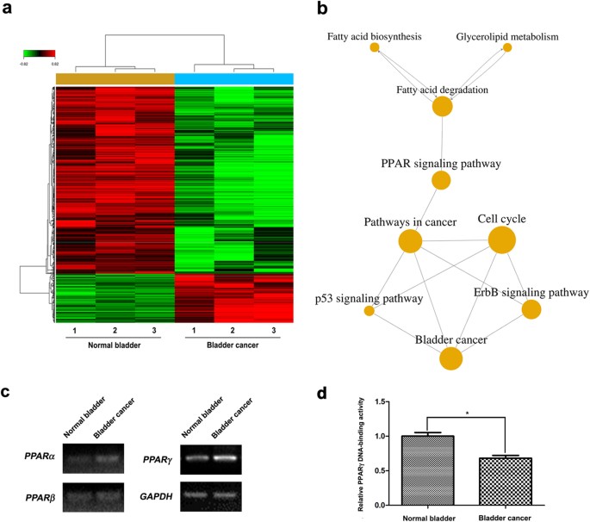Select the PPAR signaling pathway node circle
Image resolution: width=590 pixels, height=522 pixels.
click(441, 180)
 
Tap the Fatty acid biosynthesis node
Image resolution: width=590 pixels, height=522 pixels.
click(375, 47)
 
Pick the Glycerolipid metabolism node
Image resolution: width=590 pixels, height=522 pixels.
click(507, 47)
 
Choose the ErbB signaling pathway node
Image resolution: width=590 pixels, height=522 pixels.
click(531, 310)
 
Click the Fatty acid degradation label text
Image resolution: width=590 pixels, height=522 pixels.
click(442, 89)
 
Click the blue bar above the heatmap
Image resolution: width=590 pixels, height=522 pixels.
click(233, 78)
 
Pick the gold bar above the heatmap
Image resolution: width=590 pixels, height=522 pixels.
click(115, 78)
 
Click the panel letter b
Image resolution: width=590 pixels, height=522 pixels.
click(321, 10)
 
